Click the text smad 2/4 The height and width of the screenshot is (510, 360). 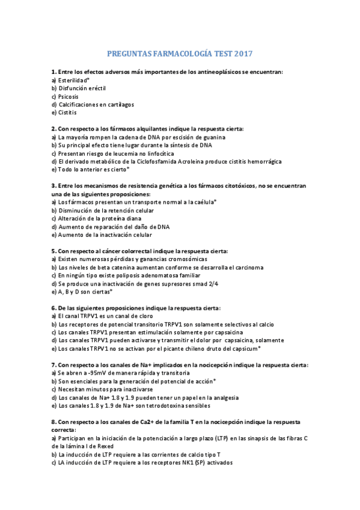[206, 283]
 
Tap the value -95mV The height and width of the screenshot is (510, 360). [97, 373]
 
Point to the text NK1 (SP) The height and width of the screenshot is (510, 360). [178, 463]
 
